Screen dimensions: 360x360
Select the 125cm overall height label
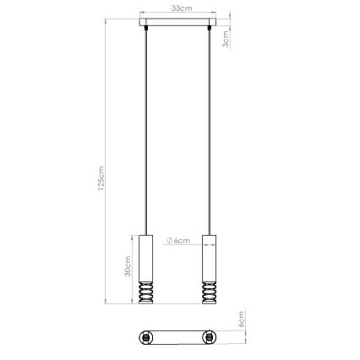coord(101,180)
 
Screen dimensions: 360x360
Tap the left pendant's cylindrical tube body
coord(145,257)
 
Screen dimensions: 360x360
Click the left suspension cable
coord(145,127)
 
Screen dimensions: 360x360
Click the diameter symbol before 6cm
coord(170,242)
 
